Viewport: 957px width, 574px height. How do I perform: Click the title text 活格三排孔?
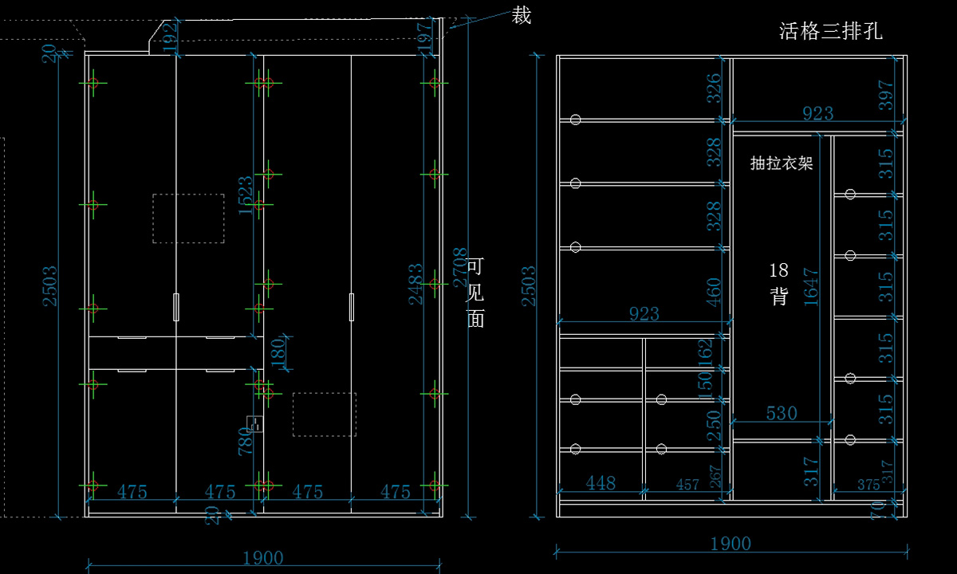pyautogui.click(x=830, y=32)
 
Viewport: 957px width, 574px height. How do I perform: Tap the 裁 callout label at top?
pyautogui.click(x=522, y=16)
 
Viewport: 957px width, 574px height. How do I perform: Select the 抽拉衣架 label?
pyautogui.click(x=782, y=163)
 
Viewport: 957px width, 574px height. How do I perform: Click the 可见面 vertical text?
pyautogui.click(x=475, y=293)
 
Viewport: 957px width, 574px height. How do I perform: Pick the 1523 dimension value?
pyautogui.click(x=246, y=196)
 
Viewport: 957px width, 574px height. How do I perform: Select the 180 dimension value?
pyautogui.click(x=278, y=353)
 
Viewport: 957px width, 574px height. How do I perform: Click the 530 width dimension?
pyautogui.click(x=782, y=413)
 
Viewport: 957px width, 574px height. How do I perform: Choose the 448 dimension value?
pyautogui.click(x=601, y=482)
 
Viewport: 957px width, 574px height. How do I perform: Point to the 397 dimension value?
pyautogui.click(x=886, y=96)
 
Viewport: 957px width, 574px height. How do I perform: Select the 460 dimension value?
pyautogui.click(x=714, y=292)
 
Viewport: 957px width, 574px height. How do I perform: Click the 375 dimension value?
pyautogui.click(x=868, y=484)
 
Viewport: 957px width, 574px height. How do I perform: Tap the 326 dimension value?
pyautogui.click(x=714, y=88)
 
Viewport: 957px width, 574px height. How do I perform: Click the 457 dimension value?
pyautogui.click(x=687, y=484)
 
